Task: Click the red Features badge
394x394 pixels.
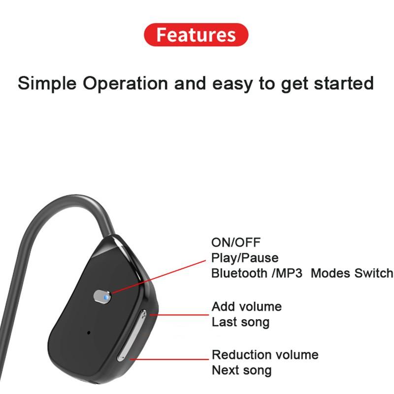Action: point(196,35)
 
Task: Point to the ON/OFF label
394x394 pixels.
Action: point(236,242)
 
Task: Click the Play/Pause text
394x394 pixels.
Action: point(245,258)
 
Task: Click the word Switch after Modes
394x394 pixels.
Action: point(374,273)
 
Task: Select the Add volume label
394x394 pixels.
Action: point(247,306)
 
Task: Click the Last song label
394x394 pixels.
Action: point(241,322)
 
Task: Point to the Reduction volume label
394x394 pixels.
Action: point(265,355)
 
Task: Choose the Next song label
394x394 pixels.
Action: point(242,370)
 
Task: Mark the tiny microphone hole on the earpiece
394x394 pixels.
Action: point(89,332)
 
